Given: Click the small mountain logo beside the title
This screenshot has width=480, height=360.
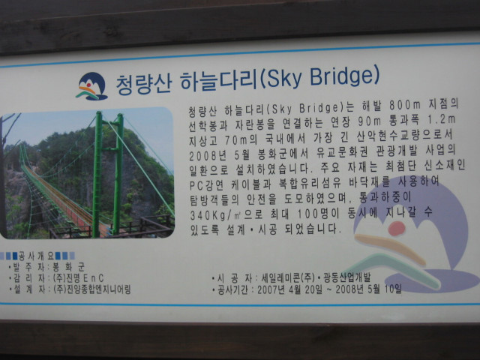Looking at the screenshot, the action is click(91, 86).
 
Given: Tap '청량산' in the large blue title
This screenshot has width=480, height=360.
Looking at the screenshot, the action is click(143, 83).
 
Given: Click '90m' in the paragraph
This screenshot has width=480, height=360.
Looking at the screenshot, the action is click(369, 121).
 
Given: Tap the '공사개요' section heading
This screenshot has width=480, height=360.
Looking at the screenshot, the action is click(37, 256).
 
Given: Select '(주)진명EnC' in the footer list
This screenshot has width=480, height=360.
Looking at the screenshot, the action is click(78, 278).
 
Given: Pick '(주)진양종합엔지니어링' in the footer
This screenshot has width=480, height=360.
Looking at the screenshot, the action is click(92, 289).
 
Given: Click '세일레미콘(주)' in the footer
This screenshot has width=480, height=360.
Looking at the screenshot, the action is click(288, 278).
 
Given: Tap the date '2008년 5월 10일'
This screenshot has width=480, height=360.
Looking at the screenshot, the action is click(368, 289).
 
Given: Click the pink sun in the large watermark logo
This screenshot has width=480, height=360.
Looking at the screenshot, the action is click(397, 228).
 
